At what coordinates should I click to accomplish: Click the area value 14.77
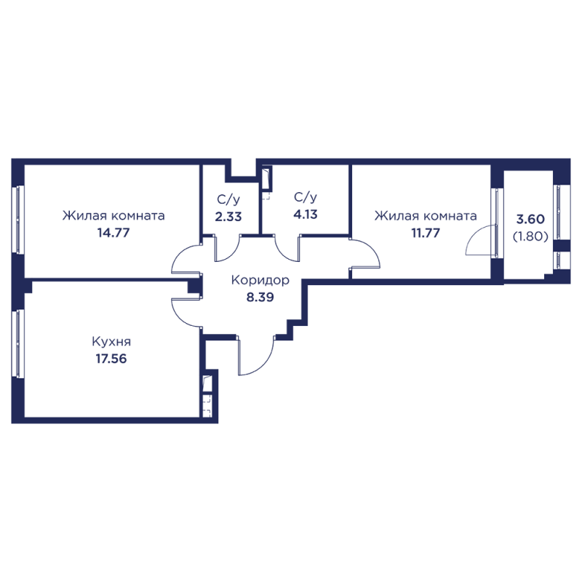pyautogui.click(x=113, y=233)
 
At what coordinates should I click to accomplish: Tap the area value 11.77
pyautogui.click(x=426, y=233)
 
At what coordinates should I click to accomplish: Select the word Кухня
pyautogui.click(x=111, y=341)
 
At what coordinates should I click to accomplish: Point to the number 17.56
pyautogui.click(x=111, y=359)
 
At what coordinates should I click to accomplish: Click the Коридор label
pyautogui.click(x=260, y=280)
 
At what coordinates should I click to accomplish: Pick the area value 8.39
pyautogui.click(x=260, y=297)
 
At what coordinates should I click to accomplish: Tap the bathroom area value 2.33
pyautogui.click(x=228, y=216)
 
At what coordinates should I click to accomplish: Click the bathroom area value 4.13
pyautogui.click(x=306, y=214)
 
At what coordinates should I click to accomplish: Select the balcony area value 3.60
pyautogui.click(x=530, y=219)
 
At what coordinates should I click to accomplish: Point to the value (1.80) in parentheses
pyautogui.click(x=530, y=236)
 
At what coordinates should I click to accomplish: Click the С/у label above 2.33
pyautogui.click(x=228, y=199)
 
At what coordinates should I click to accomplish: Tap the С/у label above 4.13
pyautogui.click(x=306, y=197)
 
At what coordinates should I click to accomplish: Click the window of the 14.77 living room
pyautogui.click(x=17, y=220)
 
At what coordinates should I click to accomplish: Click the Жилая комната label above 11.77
pyautogui.click(x=426, y=215)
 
